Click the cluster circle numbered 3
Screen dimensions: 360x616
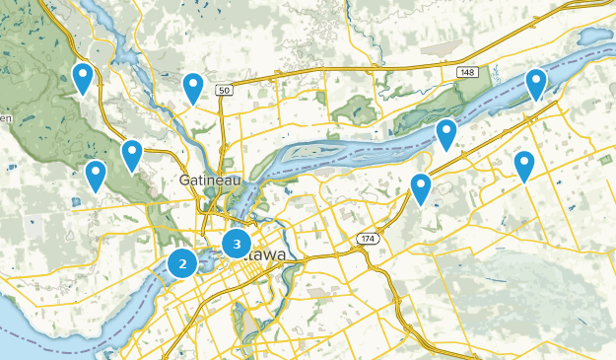[x=237, y=243]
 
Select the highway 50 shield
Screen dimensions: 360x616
[x=225, y=91]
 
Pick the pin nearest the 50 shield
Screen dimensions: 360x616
[x=193, y=88]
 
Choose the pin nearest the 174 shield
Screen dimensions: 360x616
[x=421, y=187]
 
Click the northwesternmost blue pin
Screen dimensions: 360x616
[x=83, y=78]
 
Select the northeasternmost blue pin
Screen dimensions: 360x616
[x=536, y=84]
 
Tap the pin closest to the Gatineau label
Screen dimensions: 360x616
[x=132, y=155]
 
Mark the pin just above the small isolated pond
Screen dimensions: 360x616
[x=96, y=176]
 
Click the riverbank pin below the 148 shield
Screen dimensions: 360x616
[x=446, y=133]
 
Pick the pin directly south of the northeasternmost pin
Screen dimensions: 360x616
[x=524, y=165]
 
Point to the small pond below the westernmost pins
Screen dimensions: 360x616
[x=76, y=203]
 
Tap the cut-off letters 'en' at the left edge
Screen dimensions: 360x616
[x=5, y=119]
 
